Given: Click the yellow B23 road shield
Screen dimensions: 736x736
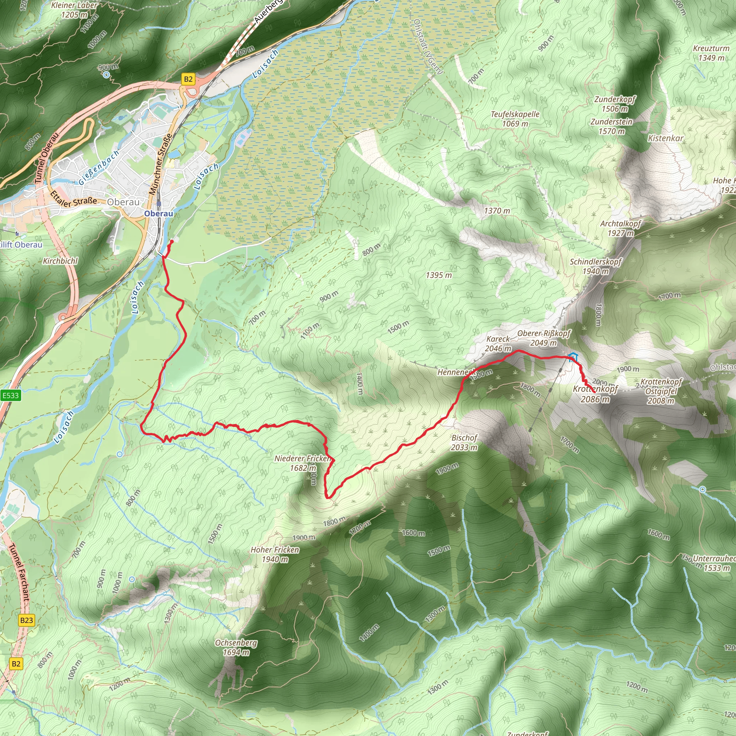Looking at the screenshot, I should [x=26, y=620].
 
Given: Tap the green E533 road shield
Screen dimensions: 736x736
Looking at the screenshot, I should [x=10, y=395].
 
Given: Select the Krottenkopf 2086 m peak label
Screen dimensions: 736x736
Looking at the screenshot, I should [x=595, y=394].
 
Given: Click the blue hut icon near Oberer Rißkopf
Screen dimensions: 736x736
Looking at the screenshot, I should [x=572, y=357].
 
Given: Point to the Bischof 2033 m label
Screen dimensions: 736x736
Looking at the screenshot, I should [x=464, y=442].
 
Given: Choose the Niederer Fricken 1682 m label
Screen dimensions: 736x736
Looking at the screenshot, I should [x=303, y=463].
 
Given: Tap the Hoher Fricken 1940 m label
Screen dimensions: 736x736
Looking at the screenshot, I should [x=275, y=554].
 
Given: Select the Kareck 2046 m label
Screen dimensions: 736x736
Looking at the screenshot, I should [x=498, y=344].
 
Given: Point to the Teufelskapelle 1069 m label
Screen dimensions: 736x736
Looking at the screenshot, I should [x=515, y=119].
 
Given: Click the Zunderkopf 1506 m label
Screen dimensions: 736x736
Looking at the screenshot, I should [x=615, y=104].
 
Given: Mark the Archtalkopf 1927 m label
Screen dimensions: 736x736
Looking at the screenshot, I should [x=621, y=228].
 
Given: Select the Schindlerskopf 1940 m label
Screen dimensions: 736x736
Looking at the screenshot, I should [x=595, y=266].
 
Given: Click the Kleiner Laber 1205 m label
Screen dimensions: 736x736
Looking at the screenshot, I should [x=75, y=10].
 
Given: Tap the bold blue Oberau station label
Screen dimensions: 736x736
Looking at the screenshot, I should [x=158, y=214].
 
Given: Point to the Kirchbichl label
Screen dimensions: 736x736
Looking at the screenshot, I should [x=60, y=261].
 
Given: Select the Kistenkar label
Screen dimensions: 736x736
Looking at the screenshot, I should [x=666, y=138].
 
